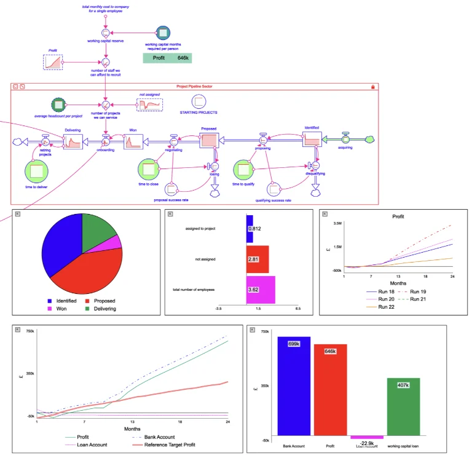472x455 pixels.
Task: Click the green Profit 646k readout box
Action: click(167, 58)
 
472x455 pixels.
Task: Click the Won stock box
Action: click(133, 141)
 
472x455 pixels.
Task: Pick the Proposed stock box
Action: click(209, 140)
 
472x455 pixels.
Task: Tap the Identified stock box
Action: click(312, 138)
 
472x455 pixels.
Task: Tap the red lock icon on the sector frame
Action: click(372, 87)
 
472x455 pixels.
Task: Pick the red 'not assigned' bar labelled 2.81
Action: click(258, 259)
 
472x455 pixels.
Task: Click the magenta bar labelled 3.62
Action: click(261, 289)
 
